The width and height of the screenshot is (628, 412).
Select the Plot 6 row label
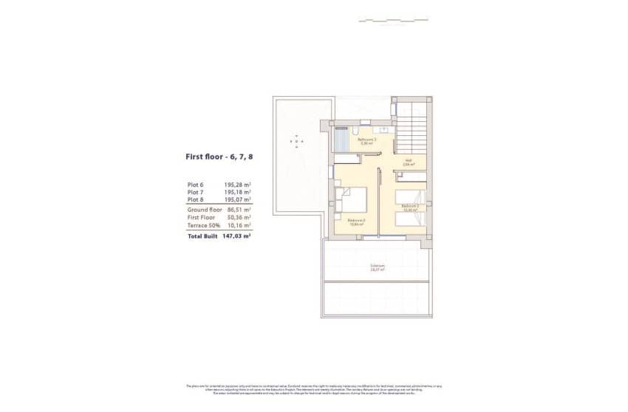[197, 185]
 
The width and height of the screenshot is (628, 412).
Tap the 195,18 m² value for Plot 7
[237, 192]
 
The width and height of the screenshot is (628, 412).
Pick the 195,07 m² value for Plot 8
[237, 199]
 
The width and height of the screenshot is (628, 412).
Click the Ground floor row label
[205, 210]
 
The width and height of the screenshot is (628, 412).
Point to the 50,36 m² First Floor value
[237, 218]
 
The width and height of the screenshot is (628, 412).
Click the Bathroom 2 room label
[367, 140]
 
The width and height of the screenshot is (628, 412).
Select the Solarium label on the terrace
[377, 267]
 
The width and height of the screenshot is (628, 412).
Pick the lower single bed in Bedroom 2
[410, 219]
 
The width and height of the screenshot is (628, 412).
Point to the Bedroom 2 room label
[410, 208]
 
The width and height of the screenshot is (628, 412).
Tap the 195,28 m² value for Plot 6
[237, 185]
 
